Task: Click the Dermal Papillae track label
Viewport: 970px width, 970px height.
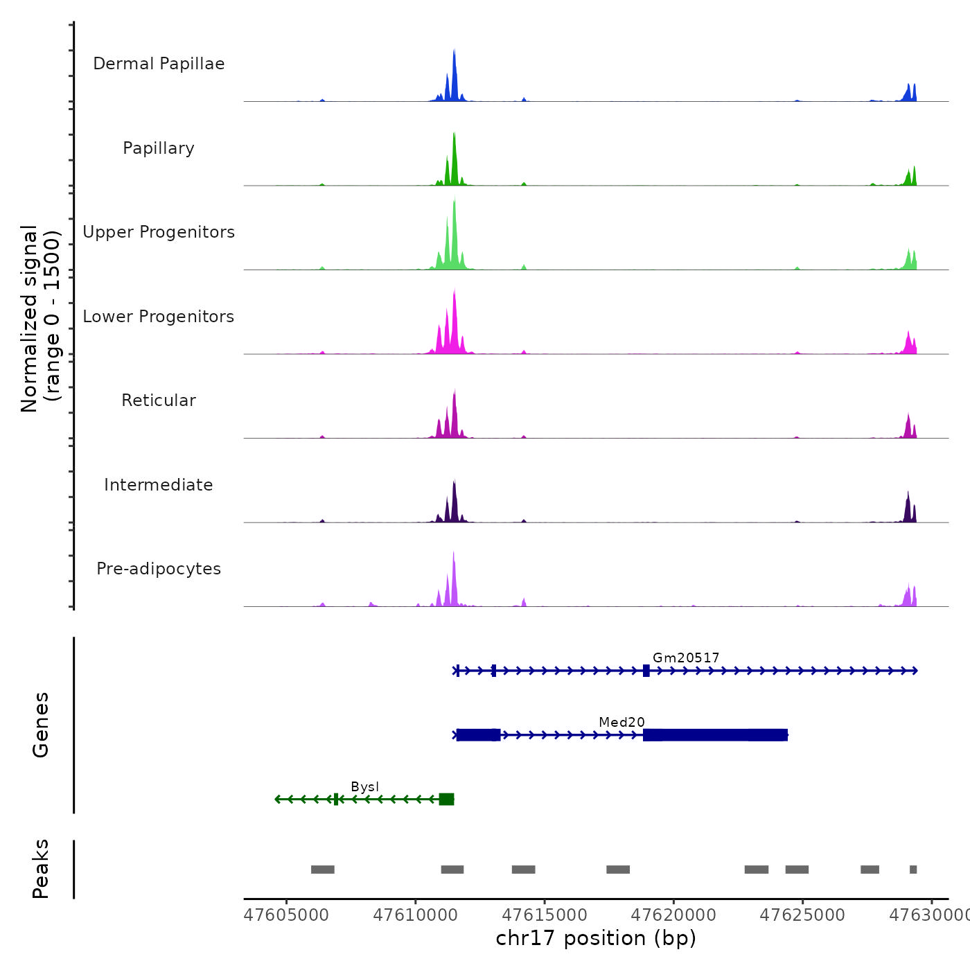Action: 159,64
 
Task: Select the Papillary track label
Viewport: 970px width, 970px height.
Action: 159,148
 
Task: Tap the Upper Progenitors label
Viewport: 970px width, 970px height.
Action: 159,232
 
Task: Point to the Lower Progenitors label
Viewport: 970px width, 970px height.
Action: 159,317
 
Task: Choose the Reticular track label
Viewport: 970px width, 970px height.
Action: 159,400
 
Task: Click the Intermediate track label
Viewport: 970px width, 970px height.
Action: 159,485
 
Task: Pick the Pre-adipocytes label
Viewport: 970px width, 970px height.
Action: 159,569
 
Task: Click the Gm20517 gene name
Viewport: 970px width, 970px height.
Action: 686,658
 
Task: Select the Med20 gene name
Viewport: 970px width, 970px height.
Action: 621,722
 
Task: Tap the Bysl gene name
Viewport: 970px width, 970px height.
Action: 365,786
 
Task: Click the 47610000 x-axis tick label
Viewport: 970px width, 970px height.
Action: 416,915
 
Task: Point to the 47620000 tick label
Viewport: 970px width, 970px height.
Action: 673,915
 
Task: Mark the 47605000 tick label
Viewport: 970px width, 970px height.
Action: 287,915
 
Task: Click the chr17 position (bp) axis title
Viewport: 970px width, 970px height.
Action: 596,938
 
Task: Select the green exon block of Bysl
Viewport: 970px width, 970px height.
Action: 446,799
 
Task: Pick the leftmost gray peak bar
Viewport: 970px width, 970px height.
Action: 323,870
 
